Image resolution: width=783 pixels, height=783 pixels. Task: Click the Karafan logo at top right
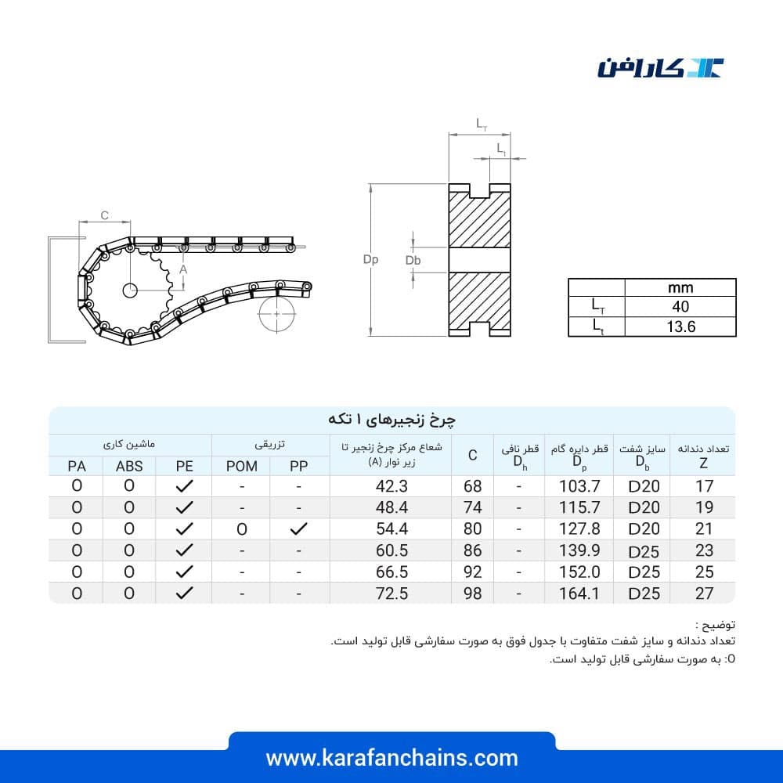(x=660, y=68)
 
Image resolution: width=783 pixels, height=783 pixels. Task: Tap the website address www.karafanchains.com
(x=392, y=758)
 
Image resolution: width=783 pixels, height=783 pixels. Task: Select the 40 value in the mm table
(x=680, y=306)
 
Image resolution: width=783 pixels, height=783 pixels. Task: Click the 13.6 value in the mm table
(x=680, y=327)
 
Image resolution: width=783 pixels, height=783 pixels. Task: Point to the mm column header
(x=680, y=287)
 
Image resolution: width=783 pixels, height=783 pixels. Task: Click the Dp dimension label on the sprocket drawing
(x=370, y=259)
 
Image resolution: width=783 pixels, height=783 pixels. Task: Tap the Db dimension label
(x=413, y=260)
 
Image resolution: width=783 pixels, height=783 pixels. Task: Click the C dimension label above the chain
(x=104, y=215)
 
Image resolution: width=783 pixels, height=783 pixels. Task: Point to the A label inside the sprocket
(x=183, y=269)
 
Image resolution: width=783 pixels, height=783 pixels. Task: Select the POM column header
(x=242, y=466)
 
